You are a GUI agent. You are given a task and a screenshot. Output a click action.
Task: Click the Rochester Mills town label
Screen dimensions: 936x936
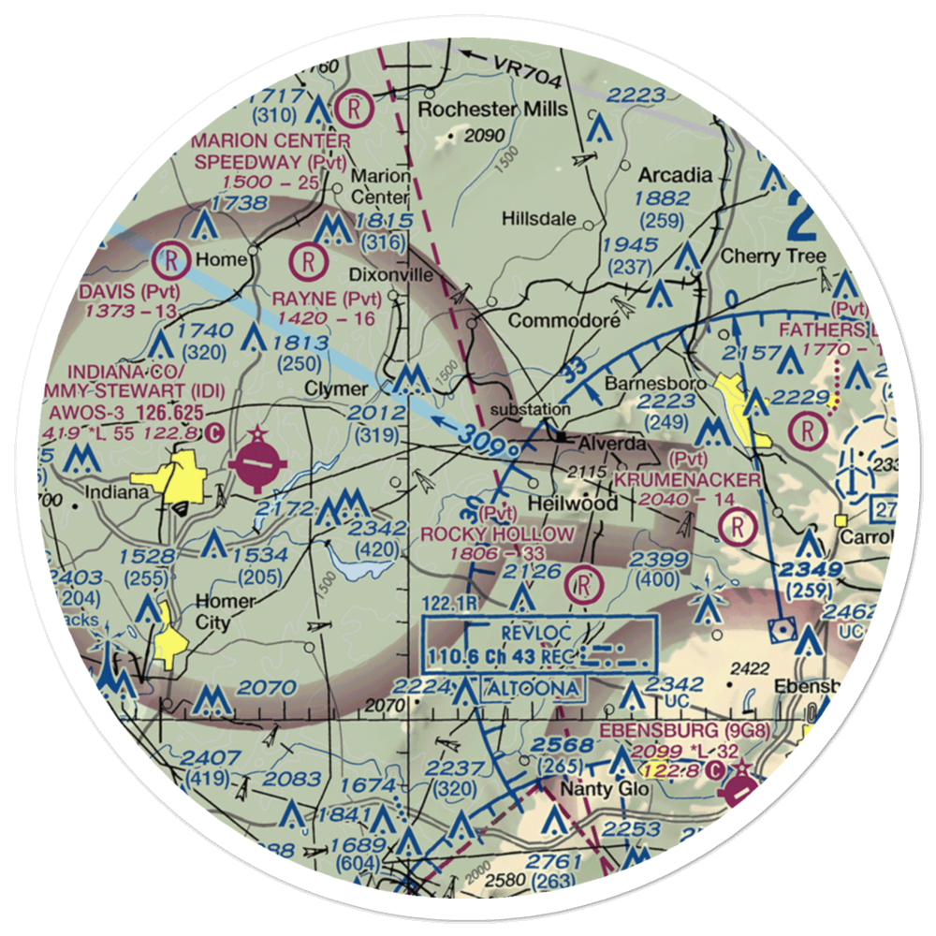tap(492, 110)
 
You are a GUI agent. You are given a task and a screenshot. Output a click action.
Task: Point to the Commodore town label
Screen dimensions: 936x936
tap(563, 321)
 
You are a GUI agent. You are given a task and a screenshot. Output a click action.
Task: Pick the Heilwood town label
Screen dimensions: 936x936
tap(573, 504)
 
